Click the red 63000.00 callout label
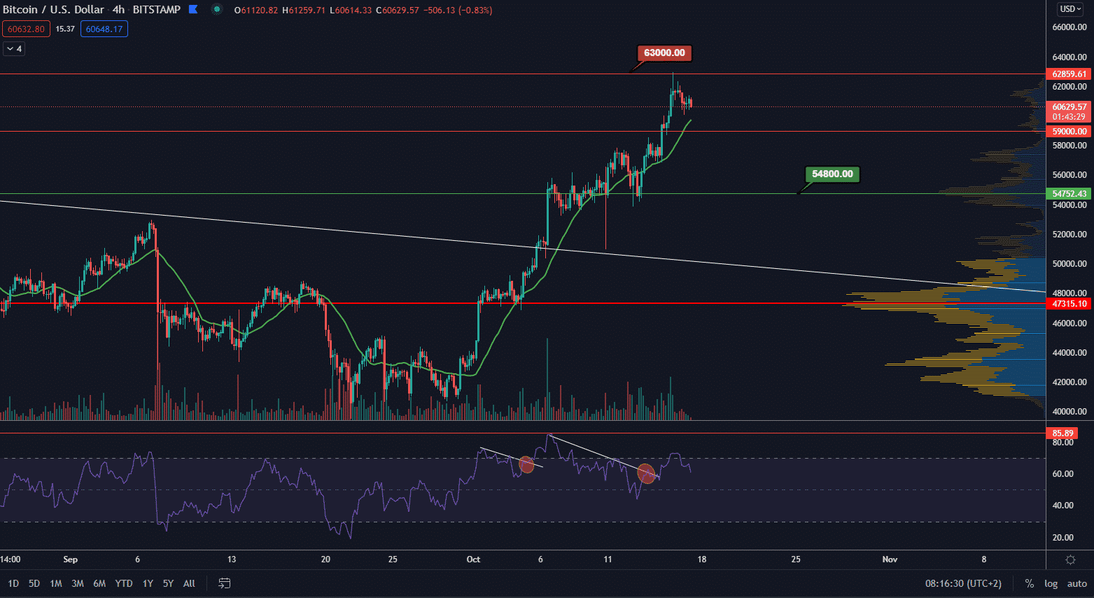(x=664, y=53)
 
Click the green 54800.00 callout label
(x=832, y=174)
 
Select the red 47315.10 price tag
(x=1069, y=304)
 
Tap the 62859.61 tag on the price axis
(x=1069, y=74)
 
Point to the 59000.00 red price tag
(x=1069, y=132)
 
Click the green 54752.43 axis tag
(x=1069, y=194)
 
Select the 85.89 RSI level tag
(x=1063, y=433)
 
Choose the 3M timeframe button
(x=78, y=583)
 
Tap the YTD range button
(x=124, y=583)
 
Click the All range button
(x=189, y=583)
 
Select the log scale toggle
(x=1051, y=583)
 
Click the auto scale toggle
(x=1077, y=583)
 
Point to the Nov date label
(x=890, y=559)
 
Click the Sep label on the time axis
(x=70, y=559)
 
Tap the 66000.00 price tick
(x=1070, y=27)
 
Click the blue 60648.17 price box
(x=104, y=29)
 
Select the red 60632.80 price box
(x=26, y=29)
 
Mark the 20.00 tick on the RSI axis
(x=1063, y=538)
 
